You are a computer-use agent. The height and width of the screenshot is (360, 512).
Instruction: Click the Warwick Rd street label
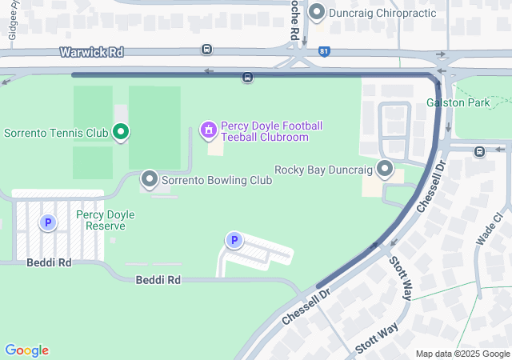pos(91,52)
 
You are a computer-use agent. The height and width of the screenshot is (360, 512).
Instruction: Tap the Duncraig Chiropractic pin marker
pos(317,12)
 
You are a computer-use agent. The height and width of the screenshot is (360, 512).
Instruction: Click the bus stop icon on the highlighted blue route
pos(248,78)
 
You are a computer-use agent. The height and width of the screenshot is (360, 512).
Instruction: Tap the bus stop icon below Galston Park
pos(479,151)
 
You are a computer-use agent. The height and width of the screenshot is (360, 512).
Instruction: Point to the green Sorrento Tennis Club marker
pos(121,131)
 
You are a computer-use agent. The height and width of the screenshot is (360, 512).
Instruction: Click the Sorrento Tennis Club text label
pos(56,132)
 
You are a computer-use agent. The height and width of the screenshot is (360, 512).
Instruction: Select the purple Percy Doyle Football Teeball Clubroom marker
pos(208,130)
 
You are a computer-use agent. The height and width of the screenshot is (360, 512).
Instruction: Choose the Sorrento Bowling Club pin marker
pos(149,179)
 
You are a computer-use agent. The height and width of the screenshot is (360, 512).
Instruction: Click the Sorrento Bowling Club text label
pos(217,180)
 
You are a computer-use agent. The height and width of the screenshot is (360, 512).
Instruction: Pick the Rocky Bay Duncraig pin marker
pos(386,169)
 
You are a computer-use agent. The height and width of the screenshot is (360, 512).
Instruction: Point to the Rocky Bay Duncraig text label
pos(324,170)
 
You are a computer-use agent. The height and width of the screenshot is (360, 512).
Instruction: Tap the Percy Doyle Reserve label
pos(105,220)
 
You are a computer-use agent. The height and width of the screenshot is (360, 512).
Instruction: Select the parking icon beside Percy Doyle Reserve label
pos(48,222)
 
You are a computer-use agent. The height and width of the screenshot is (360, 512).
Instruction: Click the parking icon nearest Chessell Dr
pos(234,240)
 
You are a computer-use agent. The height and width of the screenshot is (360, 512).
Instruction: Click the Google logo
pos(27,350)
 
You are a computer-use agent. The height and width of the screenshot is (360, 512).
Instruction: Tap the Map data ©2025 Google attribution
pos(462,354)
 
